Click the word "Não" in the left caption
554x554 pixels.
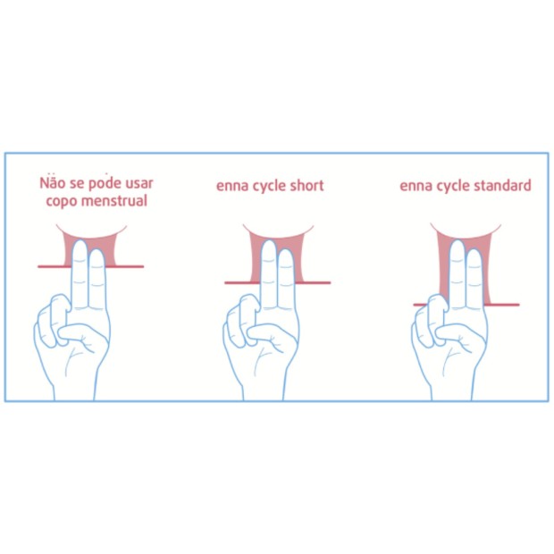click(53, 183)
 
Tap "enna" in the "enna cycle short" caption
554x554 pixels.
click(231, 186)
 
